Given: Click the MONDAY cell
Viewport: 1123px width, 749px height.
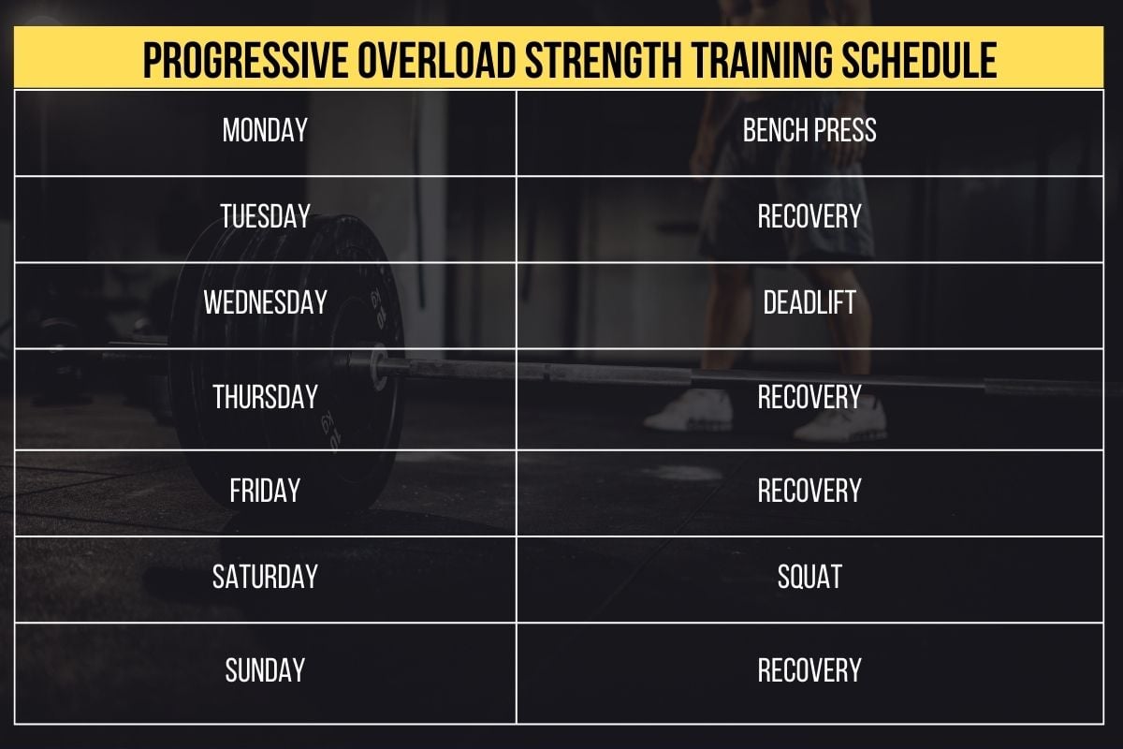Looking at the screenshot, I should [265, 130].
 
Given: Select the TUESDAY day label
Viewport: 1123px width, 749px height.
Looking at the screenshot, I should [265, 217].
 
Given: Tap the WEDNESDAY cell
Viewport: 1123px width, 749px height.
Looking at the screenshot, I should [265, 302].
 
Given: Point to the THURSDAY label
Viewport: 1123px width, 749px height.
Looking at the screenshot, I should [265, 397].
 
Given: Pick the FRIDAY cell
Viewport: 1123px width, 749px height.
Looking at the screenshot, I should [265, 491].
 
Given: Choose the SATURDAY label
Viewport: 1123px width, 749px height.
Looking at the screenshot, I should [265, 577].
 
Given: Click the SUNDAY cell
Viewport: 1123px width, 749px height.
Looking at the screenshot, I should [265, 670].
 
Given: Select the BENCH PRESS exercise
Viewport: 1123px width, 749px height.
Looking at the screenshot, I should [809, 130].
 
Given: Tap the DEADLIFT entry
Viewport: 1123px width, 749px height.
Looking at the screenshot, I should [809, 302].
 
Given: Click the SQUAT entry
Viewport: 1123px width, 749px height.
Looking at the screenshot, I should [809, 577].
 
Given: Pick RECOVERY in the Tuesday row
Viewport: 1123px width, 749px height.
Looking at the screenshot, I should [809, 217].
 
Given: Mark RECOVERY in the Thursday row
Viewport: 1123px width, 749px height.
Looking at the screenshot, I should [809, 397].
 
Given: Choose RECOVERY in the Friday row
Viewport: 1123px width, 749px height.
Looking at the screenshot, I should [809, 491].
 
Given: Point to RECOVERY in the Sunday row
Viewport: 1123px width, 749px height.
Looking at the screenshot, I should [809, 670].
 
